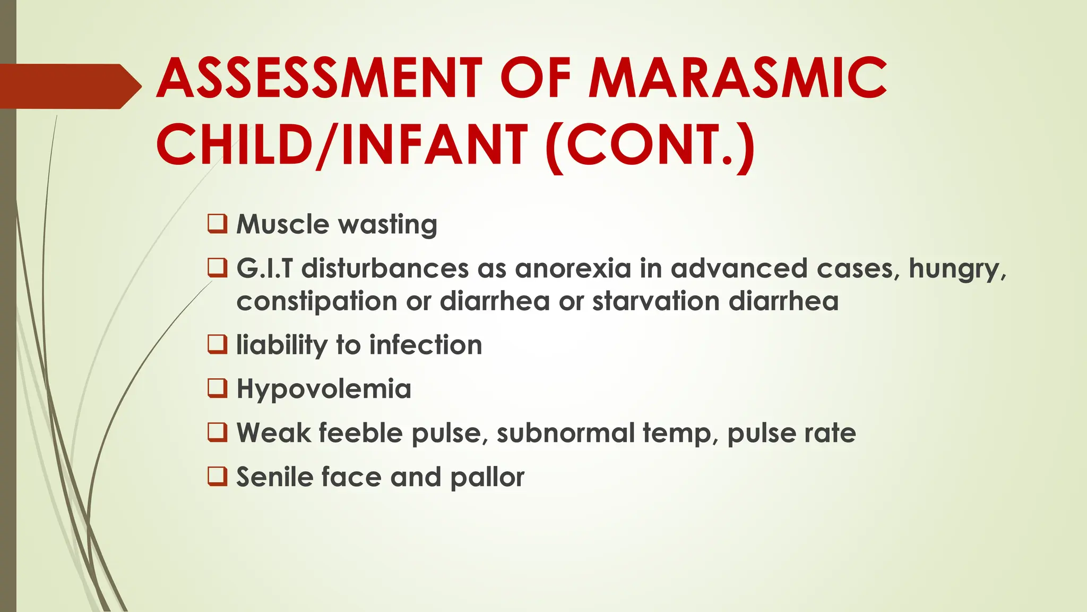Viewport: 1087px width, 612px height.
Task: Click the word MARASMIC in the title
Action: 738,78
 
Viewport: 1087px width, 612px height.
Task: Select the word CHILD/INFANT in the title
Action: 342,144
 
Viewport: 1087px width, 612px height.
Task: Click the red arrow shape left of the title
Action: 69,86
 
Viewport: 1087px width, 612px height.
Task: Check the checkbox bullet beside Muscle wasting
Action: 218,224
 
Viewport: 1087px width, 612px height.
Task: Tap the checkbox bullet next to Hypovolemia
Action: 218,388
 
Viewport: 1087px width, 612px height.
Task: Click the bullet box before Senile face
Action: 218,476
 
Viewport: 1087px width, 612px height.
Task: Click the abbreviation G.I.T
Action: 264,268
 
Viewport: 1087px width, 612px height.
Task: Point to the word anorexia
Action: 573,268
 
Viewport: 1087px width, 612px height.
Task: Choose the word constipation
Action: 316,302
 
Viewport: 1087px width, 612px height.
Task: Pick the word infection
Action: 426,345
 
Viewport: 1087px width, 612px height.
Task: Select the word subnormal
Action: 565,432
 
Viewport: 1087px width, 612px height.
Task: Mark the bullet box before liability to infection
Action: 218,344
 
